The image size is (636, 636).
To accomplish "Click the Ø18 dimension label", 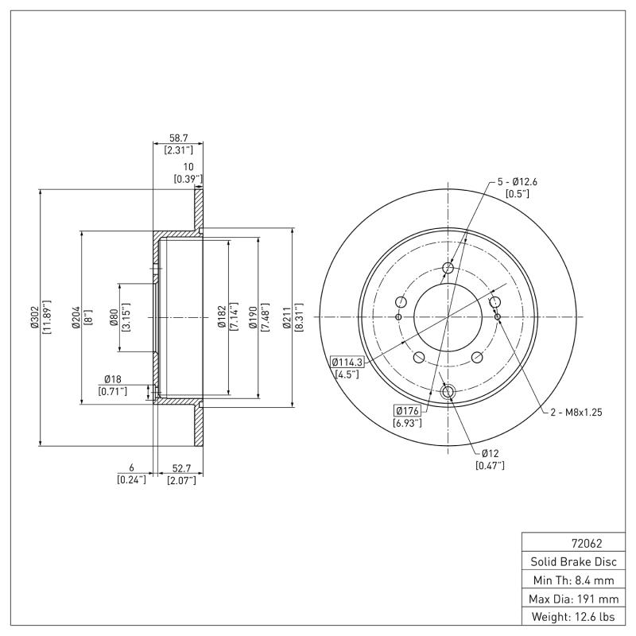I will (112, 379).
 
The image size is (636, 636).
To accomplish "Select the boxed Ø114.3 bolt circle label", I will (347, 363).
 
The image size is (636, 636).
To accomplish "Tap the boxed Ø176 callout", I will (407, 411).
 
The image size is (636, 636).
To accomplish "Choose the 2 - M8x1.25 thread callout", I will (576, 412).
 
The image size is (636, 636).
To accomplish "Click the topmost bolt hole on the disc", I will (448, 268).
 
